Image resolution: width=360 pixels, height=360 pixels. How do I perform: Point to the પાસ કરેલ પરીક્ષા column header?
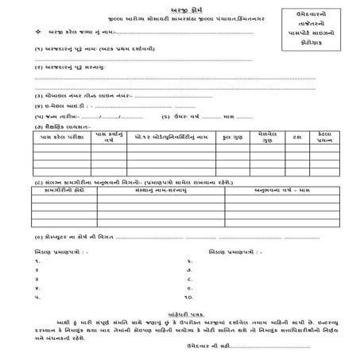(63, 137)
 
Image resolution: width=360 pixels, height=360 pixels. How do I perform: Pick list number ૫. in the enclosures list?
(39, 296)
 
